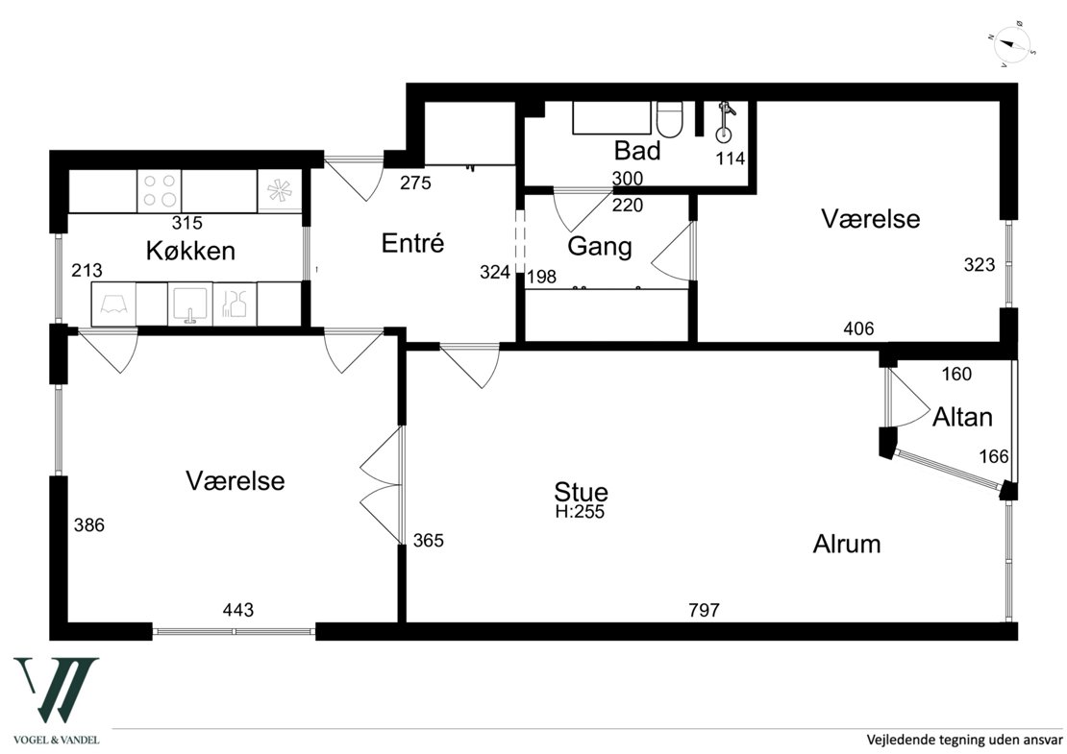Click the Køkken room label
point(190,251)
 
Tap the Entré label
point(412,243)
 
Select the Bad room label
point(637,150)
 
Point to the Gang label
point(600,246)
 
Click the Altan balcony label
point(962,417)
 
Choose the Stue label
point(582,491)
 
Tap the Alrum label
point(847,544)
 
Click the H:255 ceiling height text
point(580,512)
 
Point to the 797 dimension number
point(704,610)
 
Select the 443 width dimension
point(238,610)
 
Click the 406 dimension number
point(858,329)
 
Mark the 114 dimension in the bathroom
point(731,158)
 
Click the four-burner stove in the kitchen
point(160,190)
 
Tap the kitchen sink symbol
point(190,304)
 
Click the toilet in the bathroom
point(672,119)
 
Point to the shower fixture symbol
point(725,122)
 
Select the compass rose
point(1012,48)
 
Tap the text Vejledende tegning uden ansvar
point(963,739)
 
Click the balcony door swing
point(908,398)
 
